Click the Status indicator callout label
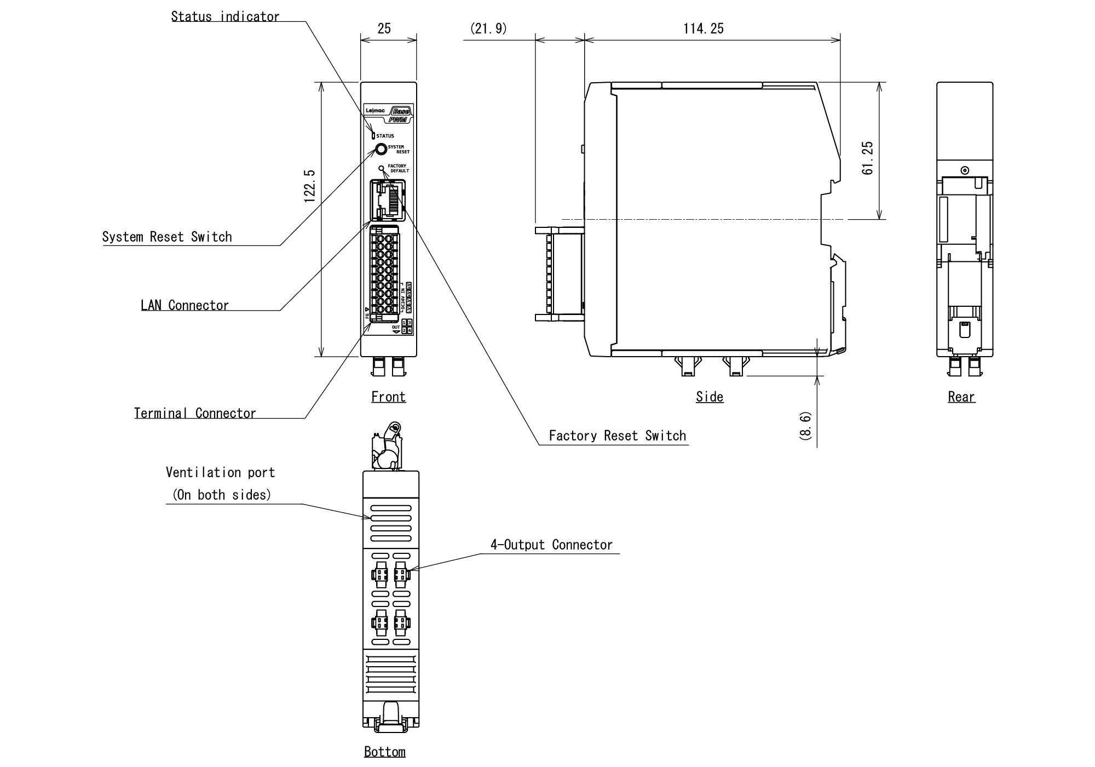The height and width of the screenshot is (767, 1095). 225,16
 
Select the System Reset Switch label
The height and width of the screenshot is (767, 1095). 167,237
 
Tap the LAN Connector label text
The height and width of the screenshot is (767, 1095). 185,305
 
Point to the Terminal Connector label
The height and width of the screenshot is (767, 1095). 195,413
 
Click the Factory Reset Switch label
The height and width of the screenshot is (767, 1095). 617,436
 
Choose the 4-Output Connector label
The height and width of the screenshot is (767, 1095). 551,545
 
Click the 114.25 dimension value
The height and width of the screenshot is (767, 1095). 703,28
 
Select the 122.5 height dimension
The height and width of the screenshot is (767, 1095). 310,186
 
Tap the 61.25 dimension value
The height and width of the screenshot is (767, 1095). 867,158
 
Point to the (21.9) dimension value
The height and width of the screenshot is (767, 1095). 488,28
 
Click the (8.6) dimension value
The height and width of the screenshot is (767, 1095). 806,426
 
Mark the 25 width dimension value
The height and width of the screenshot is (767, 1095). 384,28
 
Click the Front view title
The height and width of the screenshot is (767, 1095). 388,397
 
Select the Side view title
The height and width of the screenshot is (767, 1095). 710,397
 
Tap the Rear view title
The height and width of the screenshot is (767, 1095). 961,397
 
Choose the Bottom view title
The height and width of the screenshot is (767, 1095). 385,752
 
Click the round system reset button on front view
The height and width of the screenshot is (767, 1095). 381,149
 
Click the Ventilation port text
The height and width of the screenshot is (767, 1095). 220,472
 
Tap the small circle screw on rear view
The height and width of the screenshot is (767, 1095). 965,170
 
